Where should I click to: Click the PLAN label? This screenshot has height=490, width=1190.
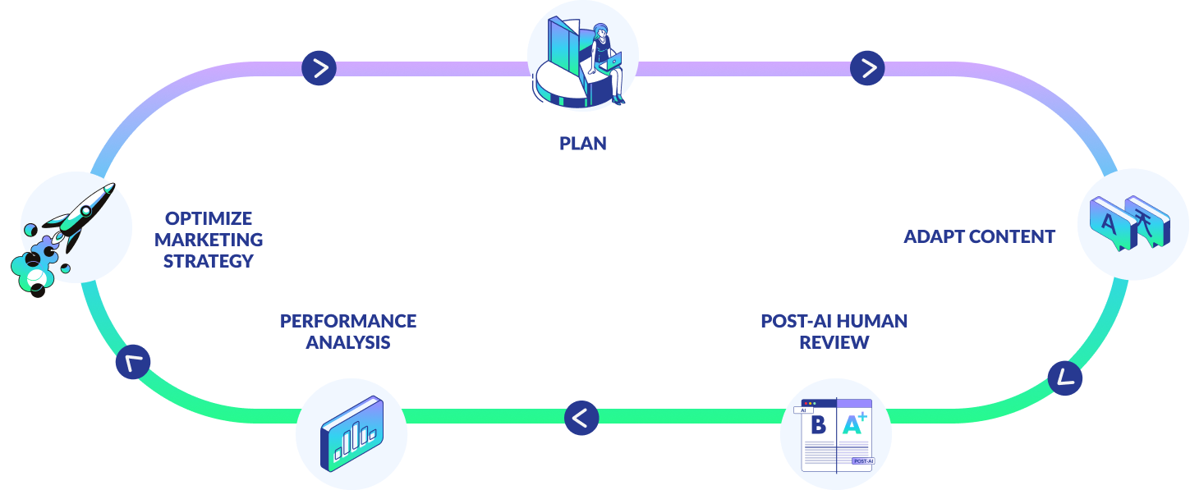pyautogui.click(x=582, y=144)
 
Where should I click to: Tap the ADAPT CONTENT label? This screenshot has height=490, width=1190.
pyautogui.click(x=979, y=236)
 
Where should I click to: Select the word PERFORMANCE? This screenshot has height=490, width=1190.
pyautogui.click(x=348, y=321)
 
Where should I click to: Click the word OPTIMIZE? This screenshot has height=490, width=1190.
pyautogui.click(x=209, y=218)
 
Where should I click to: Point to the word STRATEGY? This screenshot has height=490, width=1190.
pyautogui.click(x=209, y=261)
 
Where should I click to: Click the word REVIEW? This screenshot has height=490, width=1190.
pyautogui.click(x=834, y=342)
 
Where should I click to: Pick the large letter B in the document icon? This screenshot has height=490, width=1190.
pyautogui.click(x=818, y=425)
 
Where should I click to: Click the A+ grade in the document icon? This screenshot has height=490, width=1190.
pyautogui.click(x=855, y=424)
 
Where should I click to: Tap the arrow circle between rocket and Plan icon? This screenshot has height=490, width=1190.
pyautogui.click(x=319, y=68)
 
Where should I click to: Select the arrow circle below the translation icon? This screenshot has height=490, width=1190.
pyautogui.click(x=1065, y=378)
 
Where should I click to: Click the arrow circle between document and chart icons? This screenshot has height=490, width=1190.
pyautogui.click(x=581, y=418)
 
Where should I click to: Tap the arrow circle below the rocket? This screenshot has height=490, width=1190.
pyautogui.click(x=133, y=362)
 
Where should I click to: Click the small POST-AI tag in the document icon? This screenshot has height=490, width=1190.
pyautogui.click(x=863, y=461)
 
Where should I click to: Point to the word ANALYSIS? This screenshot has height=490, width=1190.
pyautogui.click(x=348, y=342)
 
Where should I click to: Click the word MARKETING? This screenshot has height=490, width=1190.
pyautogui.click(x=209, y=240)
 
